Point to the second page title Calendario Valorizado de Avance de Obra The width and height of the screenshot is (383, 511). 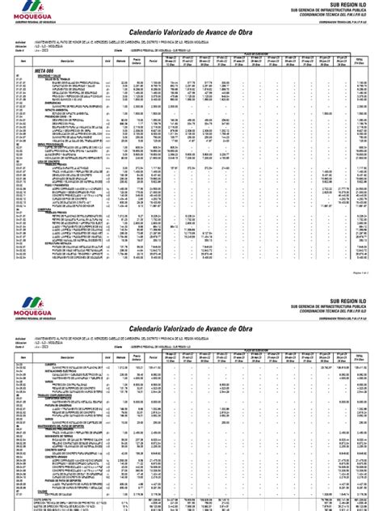(x=191, y=325)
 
